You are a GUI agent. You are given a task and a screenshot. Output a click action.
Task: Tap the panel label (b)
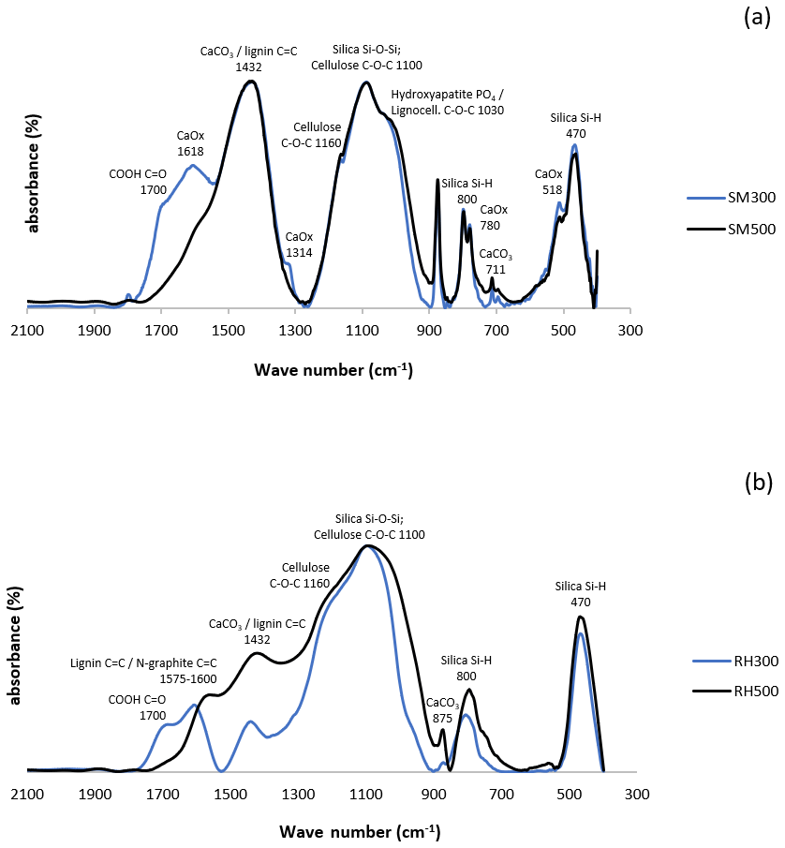[x=757, y=483]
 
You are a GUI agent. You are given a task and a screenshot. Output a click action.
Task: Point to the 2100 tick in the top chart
[x=27, y=330]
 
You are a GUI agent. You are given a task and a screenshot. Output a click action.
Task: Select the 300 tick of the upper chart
[x=629, y=330]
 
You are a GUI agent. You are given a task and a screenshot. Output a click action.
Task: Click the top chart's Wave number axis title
[x=333, y=370]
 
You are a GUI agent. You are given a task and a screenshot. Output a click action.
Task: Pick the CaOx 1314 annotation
[x=300, y=243]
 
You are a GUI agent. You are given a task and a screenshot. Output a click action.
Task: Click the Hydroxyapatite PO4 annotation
[x=448, y=102]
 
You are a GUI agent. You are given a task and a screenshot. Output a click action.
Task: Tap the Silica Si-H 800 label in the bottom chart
[x=467, y=668]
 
